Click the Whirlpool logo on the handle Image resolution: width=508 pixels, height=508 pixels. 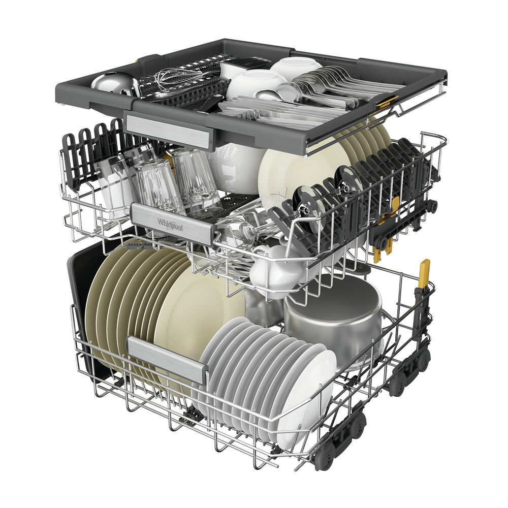pos(170,224)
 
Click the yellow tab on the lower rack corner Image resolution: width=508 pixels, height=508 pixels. pos(424,273)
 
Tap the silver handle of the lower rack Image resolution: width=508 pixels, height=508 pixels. pos(167,358)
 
